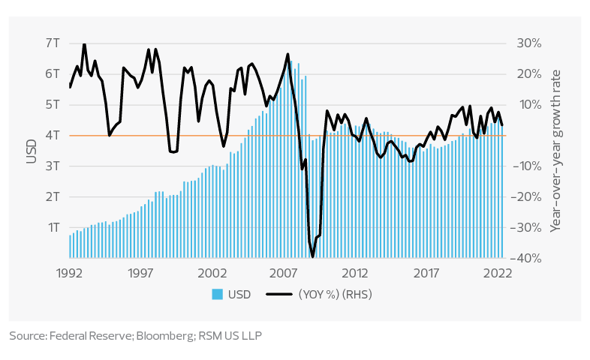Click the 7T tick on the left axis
[x=53, y=43]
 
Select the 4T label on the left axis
[x=53, y=136]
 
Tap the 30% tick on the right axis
[x=528, y=43]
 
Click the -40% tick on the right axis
[x=528, y=258]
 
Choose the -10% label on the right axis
[x=528, y=166]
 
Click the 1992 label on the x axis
[x=70, y=272]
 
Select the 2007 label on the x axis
[x=284, y=272]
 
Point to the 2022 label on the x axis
[x=498, y=272]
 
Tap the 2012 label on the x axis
[x=355, y=272]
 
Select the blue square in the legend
[x=217, y=295]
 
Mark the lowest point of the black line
[x=312, y=256]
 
